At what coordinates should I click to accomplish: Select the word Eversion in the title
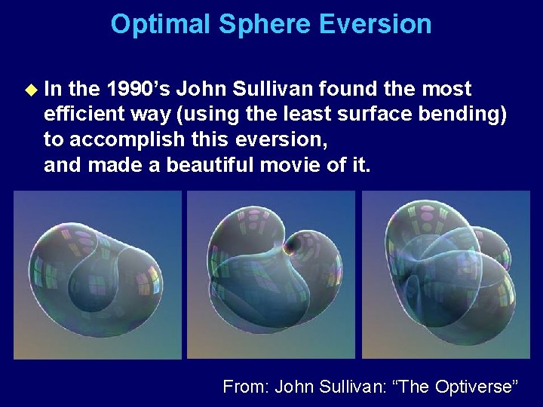376,24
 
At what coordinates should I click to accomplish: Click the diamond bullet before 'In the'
31,90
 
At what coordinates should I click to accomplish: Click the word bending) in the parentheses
469,115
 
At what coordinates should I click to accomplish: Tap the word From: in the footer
247,387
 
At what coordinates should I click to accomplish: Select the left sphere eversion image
98,274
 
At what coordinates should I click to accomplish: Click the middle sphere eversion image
271,274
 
